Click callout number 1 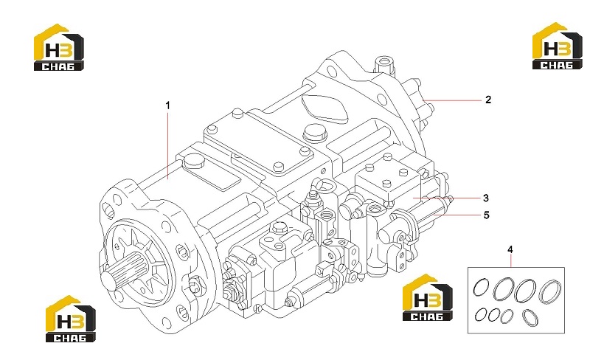pyautogui.click(x=168, y=105)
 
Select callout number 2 pyautogui.click(x=488, y=100)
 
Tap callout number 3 pyautogui.click(x=486, y=198)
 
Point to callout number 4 pyautogui.click(x=510, y=249)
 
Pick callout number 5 pyautogui.click(x=486, y=215)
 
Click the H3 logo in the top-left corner pyautogui.click(x=59, y=47)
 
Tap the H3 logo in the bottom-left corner pyautogui.click(x=70, y=319)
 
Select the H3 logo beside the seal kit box pyautogui.click(x=428, y=297)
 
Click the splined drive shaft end pyautogui.click(x=119, y=272)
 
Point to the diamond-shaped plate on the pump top pyautogui.click(x=324, y=107)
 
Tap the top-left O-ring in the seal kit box pyautogui.click(x=481, y=288)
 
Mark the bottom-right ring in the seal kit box pyautogui.click(x=530, y=317)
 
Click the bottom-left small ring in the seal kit pyautogui.click(x=481, y=314)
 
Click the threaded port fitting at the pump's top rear pyautogui.click(x=384, y=65)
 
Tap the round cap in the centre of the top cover pyautogui.click(x=313, y=133)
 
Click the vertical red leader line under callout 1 pyautogui.click(x=168, y=145)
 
